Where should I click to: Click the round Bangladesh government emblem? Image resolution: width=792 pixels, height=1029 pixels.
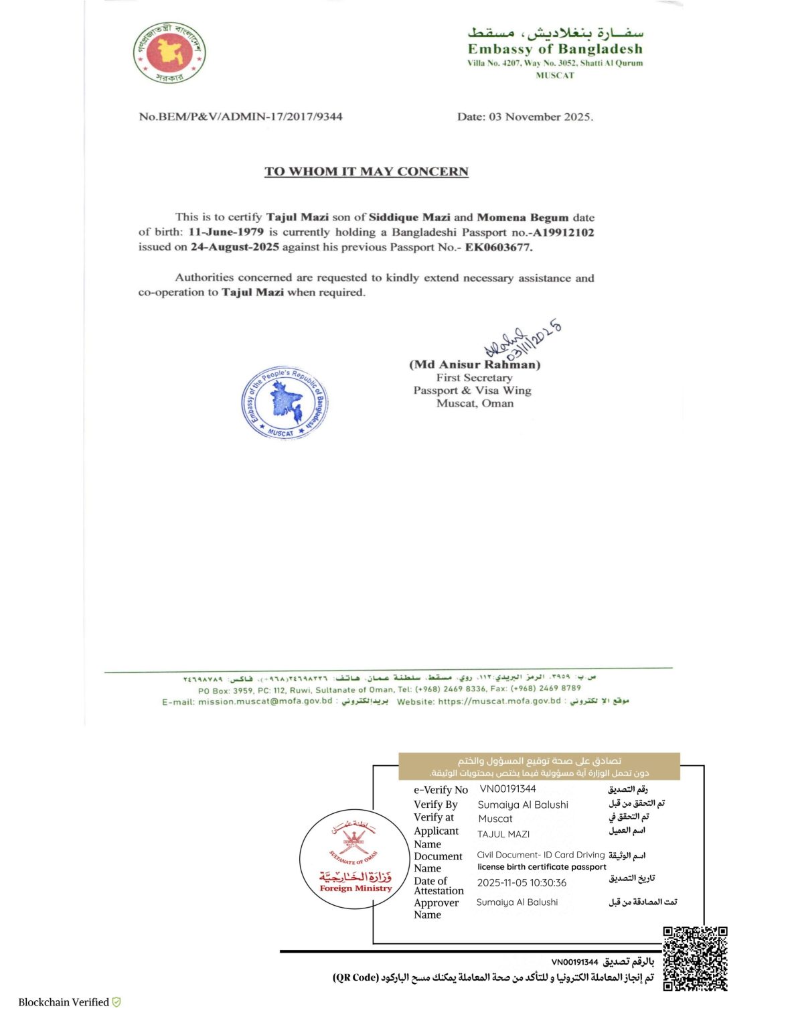tap(169, 52)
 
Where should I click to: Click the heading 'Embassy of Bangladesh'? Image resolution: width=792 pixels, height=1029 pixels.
tap(555, 49)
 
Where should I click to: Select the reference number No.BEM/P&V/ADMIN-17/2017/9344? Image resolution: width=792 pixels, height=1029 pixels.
tap(240, 117)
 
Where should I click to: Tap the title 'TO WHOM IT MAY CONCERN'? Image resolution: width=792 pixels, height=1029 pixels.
tap(366, 171)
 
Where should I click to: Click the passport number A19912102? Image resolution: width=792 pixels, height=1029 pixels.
tap(563, 232)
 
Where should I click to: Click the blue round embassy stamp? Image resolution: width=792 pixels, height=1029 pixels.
tap(285, 403)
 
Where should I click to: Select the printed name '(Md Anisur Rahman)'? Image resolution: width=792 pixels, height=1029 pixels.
tap(475, 364)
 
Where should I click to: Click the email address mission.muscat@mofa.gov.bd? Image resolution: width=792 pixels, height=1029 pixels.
tap(265, 701)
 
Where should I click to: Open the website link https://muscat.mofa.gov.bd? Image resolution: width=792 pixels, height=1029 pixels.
tap(499, 701)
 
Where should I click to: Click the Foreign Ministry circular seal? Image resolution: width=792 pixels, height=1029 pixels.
tap(354, 858)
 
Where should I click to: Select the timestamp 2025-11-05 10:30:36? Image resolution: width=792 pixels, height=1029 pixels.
tap(522, 883)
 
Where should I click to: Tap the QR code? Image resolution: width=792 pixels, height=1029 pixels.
tap(695, 959)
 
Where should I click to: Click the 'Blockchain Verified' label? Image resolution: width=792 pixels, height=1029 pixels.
tap(64, 1002)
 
